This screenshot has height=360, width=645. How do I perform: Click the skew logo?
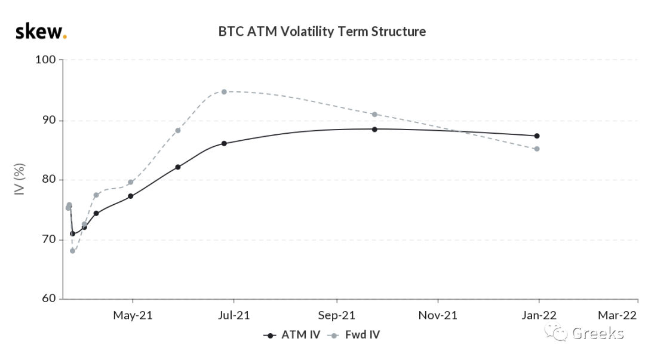point(41,32)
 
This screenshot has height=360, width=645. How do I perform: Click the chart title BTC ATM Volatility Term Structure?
point(322,32)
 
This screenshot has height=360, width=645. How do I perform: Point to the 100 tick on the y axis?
point(45,60)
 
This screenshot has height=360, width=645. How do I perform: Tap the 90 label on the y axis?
point(48,120)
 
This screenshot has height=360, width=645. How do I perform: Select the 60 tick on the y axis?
point(48,299)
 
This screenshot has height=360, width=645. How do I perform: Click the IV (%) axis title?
point(19,179)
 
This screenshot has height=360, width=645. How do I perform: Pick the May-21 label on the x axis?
point(133,316)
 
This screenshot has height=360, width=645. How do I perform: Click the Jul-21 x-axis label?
point(234,316)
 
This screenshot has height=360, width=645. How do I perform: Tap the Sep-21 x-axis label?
point(336,316)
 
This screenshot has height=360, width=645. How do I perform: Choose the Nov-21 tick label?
point(438,316)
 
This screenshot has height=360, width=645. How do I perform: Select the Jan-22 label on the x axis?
point(539,316)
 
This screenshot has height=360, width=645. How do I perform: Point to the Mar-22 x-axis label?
point(617,316)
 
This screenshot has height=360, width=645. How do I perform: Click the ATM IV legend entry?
point(292,335)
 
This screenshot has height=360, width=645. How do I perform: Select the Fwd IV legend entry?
point(354,335)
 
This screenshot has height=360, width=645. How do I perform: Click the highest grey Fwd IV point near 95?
point(224,92)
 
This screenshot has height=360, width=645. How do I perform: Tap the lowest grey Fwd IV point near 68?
point(73,251)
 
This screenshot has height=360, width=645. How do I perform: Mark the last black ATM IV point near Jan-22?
point(537,136)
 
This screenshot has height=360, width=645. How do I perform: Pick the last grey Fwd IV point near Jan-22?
point(537,149)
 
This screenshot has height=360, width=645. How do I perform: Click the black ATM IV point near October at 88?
point(374,129)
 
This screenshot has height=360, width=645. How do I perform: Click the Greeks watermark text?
point(598,333)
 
